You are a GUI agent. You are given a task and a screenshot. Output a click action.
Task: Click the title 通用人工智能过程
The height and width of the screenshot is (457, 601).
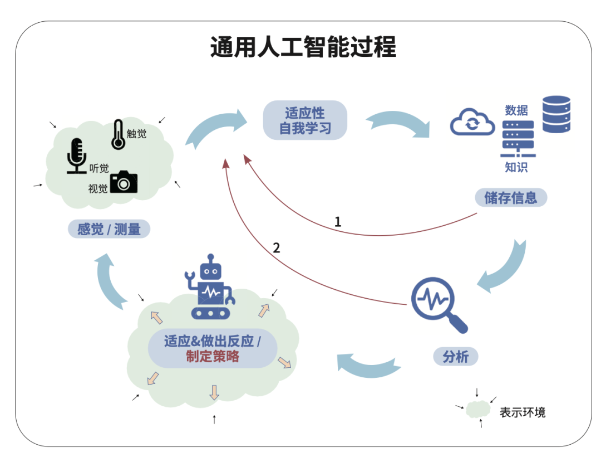(x=303, y=47)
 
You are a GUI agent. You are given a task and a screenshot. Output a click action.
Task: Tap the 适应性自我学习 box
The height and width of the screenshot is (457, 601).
(x=305, y=120)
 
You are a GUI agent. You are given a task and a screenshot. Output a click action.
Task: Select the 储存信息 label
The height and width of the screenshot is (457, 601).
(x=511, y=198)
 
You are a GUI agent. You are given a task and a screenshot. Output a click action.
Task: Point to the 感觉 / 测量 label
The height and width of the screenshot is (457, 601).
(x=109, y=229)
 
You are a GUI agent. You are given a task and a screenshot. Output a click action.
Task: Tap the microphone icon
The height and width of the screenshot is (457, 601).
(x=77, y=155)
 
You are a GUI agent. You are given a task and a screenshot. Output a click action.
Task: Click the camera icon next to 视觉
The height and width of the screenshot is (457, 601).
(x=124, y=182)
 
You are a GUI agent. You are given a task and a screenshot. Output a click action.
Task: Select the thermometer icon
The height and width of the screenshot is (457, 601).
(x=118, y=134)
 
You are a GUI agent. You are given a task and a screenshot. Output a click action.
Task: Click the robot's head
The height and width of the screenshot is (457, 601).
(x=210, y=270)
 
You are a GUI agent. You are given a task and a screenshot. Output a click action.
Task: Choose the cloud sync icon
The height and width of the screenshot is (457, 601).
(x=472, y=123)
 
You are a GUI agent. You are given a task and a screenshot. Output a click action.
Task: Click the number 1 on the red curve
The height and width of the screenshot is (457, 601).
(x=337, y=221)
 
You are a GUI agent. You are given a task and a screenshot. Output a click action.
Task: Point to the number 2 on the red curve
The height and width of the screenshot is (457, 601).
(x=277, y=247)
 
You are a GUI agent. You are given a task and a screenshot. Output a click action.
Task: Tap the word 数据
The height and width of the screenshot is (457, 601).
(x=516, y=110)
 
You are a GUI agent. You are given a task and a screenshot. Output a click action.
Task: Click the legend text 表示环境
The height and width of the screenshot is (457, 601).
(x=523, y=412)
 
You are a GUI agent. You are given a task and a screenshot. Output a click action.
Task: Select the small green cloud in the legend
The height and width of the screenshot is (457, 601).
(x=478, y=410)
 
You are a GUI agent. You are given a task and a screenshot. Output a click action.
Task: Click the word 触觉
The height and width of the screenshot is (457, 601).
(x=136, y=133)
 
